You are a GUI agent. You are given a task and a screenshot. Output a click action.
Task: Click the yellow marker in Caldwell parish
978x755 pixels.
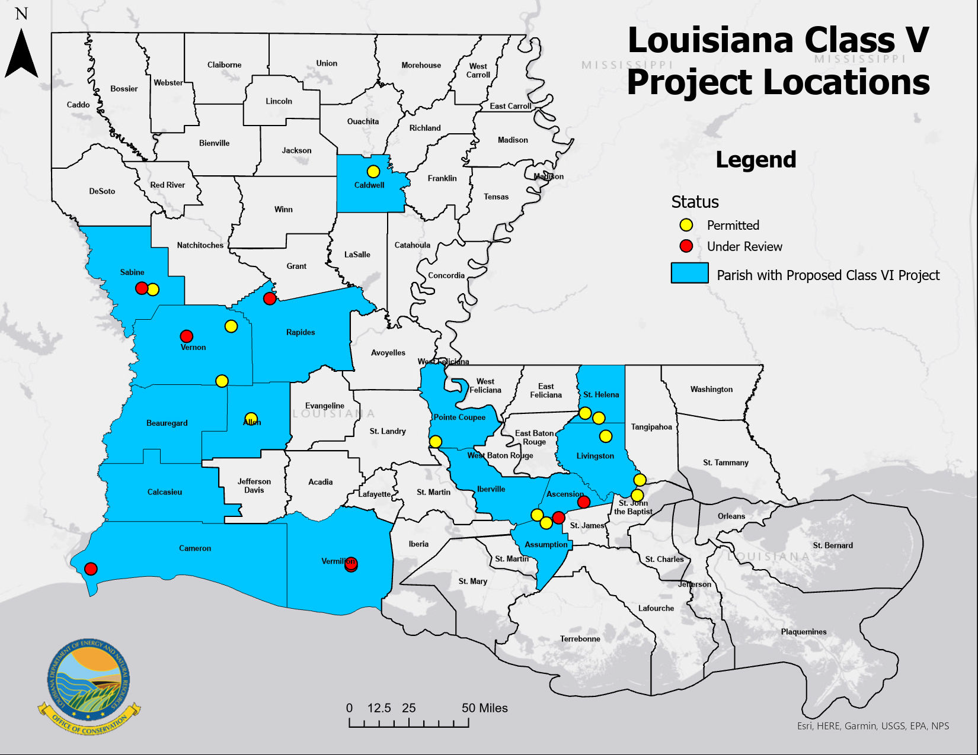(x=373, y=172)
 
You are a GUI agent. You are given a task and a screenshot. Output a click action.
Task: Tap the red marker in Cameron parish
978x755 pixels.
(x=91, y=569)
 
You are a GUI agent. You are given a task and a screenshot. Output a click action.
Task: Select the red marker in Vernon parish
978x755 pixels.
(x=187, y=336)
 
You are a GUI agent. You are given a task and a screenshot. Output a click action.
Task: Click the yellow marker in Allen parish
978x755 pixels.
(x=251, y=418)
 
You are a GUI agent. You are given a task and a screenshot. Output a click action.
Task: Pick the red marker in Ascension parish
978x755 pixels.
(x=584, y=502)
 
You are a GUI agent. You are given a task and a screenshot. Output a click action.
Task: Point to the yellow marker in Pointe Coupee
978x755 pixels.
(x=436, y=442)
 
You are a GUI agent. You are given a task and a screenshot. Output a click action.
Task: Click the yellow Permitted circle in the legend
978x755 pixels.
(x=686, y=225)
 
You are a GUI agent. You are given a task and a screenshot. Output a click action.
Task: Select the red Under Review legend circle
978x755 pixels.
(x=686, y=246)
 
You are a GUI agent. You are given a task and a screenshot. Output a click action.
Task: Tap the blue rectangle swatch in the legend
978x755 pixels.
(x=689, y=273)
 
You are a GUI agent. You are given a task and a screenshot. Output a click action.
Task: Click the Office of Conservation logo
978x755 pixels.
(x=89, y=687)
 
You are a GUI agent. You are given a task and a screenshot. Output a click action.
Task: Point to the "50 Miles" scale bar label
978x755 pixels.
(x=484, y=708)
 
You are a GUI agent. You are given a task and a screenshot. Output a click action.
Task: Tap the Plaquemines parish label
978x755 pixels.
(x=803, y=632)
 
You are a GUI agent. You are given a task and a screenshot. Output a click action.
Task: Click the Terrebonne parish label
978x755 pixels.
(x=580, y=639)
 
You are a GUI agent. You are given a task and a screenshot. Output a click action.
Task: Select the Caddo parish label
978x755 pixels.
(x=78, y=105)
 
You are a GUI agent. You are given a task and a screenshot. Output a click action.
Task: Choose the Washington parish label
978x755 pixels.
(x=711, y=390)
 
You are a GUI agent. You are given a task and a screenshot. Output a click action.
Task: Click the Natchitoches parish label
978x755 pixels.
(x=200, y=245)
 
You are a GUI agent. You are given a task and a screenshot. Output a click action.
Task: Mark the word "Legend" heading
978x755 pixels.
(x=756, y=160)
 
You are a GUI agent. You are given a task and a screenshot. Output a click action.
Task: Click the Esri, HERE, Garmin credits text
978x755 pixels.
(x=872, y=726)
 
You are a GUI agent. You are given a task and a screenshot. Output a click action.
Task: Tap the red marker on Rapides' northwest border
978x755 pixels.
(x=270, y=298)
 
